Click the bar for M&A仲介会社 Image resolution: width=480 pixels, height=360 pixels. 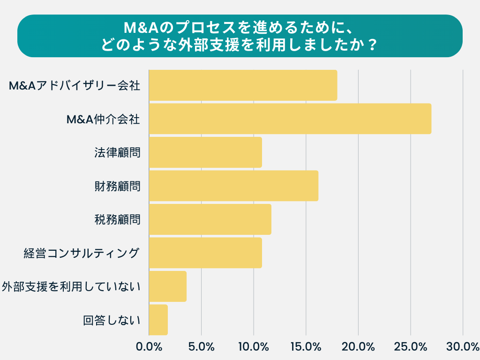point(290,119)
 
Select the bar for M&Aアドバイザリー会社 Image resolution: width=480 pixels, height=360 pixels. point(243,85)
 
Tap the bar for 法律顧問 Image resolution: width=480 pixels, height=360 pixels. point(205,152)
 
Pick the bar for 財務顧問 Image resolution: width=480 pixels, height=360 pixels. point(233,186)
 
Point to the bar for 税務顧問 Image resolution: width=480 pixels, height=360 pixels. point(210,219)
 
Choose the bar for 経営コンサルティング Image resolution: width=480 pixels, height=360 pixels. point(205,253)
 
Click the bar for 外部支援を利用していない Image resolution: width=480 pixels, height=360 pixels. point(168,286)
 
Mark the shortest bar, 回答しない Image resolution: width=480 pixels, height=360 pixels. point(158,320)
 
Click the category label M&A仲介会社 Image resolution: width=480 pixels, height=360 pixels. point(103,119)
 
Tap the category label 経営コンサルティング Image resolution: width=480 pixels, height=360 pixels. point(82,253)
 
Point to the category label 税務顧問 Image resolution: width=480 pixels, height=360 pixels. point(117,219)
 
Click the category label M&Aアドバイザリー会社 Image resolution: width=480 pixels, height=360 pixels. point(75,85)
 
